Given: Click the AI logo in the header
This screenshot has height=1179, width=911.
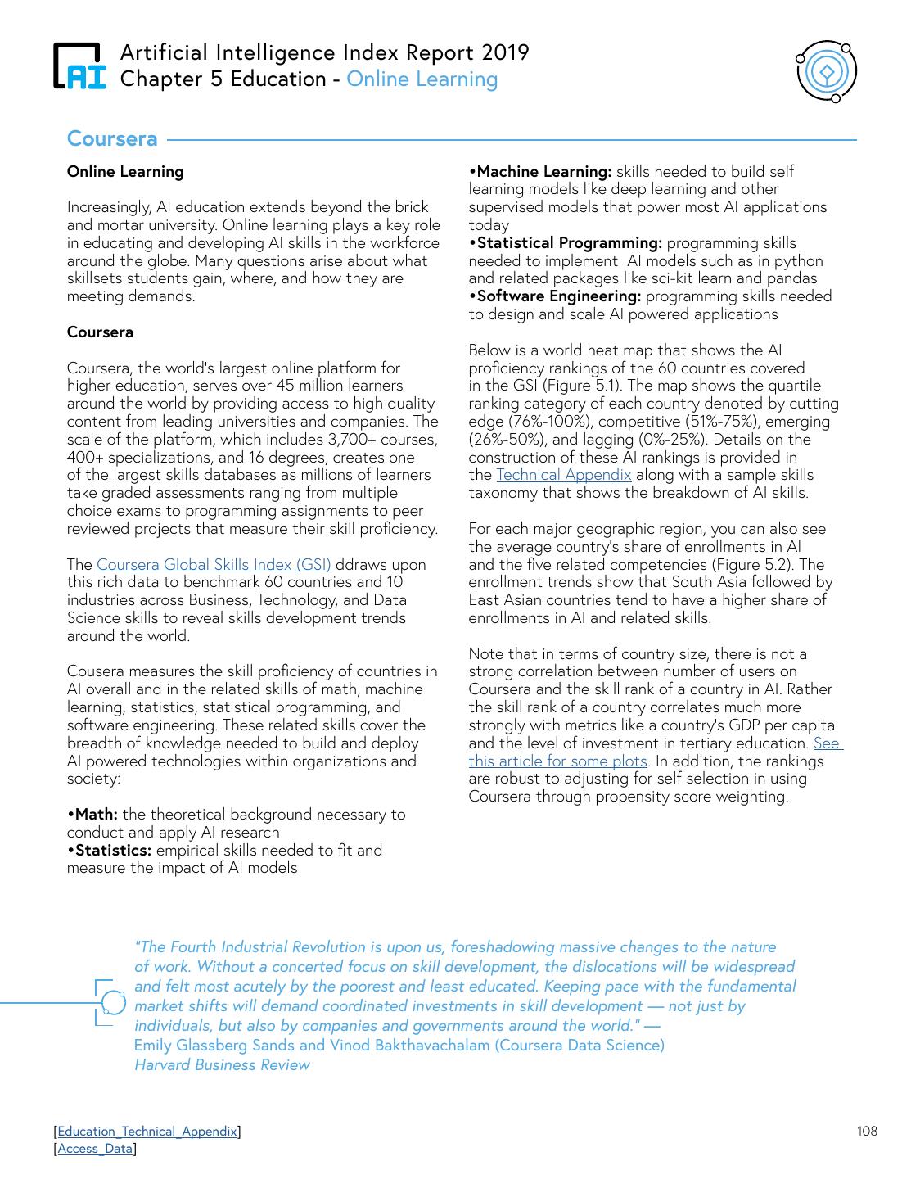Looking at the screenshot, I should [x=79, y=65].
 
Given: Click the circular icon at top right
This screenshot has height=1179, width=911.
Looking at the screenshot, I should [x=827, y=72].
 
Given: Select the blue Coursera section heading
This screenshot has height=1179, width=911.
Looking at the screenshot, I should [x=112, y=138].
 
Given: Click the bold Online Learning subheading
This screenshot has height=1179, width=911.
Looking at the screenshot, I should [x=125, y=171].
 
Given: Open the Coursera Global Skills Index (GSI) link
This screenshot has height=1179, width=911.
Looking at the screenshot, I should [x=214, y=564].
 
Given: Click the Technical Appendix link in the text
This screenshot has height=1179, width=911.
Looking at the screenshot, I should [x=564, y=475].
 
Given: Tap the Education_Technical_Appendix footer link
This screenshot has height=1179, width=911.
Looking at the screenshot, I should [x=147, y=1132].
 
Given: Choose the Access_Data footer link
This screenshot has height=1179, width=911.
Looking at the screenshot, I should [x=95, y=1149].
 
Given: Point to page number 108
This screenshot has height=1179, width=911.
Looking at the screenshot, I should [x=867, y=1132].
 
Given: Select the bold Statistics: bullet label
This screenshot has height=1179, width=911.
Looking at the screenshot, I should [x=109, y=850].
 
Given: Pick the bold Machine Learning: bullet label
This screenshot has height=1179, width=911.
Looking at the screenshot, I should [x=540, y=171].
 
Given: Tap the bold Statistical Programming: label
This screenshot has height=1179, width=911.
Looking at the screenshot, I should [x=566, y=243].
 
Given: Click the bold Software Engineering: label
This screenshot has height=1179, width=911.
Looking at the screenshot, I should [x=555, y=296].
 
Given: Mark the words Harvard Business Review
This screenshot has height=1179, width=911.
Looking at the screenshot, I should [x=222, y=1064].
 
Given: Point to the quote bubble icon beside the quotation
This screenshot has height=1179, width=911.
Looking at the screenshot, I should [x=111, y=1002].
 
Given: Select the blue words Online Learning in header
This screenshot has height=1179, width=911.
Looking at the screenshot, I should [x=422, y=79].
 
